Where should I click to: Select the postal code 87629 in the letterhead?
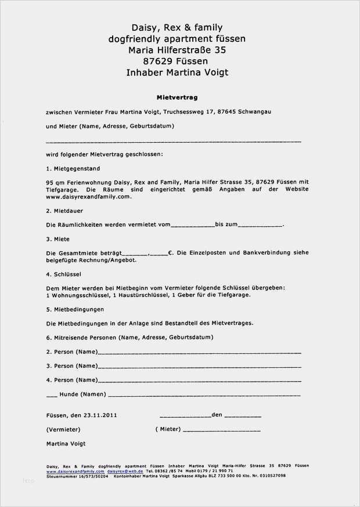pyautogui.click(x=157, y=61)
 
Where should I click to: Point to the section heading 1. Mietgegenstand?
pyautogui.click(x=73, y=169)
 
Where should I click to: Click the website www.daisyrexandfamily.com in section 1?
pyautogui.click(x=88, y=197)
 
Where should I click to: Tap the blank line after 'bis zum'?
pyautogui.click(x=261, y=225)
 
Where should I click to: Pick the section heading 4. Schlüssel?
pyautogui.click(x=63, y=274)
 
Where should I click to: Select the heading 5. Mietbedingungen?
pyautogui.click(x=75, y=309)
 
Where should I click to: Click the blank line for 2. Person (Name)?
pyautogui.click(x=199, y=353)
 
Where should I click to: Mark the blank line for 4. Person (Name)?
pyautogui.click(x=199, y=381)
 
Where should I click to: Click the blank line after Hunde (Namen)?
pyautogui.click(x=204, y=395)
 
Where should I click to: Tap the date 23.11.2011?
pyautogui.click(x=100, y=415)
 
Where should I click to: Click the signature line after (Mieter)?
pyautogui.click(x=221, y=430)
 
